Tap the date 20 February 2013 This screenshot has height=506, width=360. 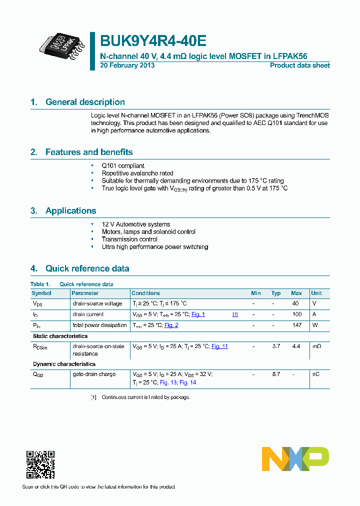(x=127, y=65)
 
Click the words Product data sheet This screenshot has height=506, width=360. (x=299, y=65)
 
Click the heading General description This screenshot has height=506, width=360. (x=85, y=102)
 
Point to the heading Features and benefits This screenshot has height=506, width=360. (x=89, y=152)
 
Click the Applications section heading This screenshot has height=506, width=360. (x=70, y=210)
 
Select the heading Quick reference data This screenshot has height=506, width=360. (x=87, y=268)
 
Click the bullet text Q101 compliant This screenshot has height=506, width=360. (x=123, y=165)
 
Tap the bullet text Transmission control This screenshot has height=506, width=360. (x=129, y=239)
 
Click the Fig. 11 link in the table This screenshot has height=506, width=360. (x=219, y=346)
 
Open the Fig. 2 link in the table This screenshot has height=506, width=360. (x=171, y=325)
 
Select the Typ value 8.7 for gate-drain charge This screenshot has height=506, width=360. (x=275, y=374)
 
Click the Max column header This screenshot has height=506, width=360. (x=296, y=293)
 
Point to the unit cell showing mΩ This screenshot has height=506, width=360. (x=316, y=346)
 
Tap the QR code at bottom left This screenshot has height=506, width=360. (x=40, y=464)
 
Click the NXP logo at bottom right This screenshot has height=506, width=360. (x=295, y=459)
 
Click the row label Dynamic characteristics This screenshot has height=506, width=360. (x=64, y=364)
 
